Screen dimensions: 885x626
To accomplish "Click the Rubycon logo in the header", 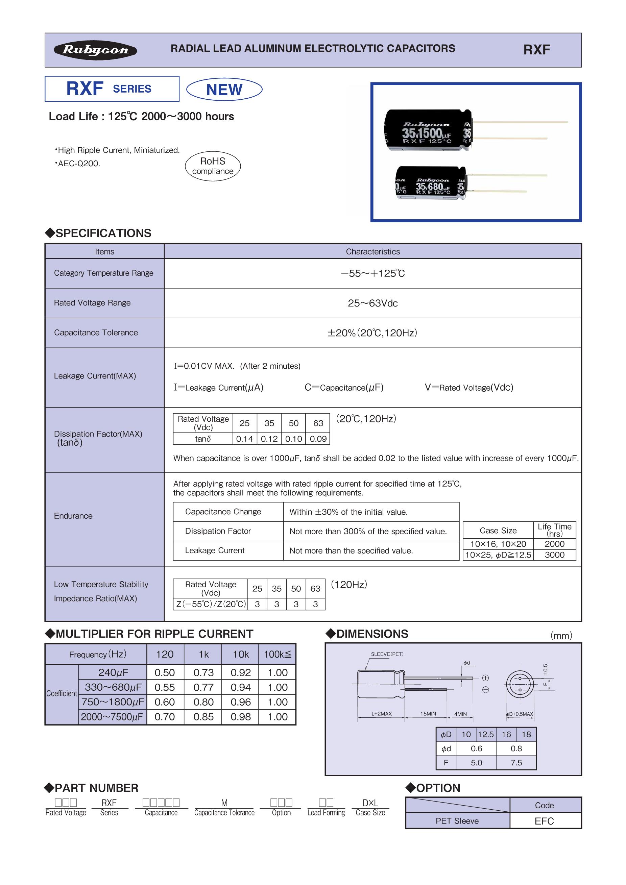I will click(x=95, y=50).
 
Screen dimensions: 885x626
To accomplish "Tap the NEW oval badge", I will click(x=224, y=90).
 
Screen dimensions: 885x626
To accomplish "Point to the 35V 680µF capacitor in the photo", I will click(x=431, y=183).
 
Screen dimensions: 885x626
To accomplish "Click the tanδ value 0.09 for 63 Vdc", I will click(x=318, y=439).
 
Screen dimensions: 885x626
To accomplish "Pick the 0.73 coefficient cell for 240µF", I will click(x=203, y=672).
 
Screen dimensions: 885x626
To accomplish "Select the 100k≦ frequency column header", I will click(x=277, y=655).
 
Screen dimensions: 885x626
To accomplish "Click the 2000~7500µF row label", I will click(x=112, y=717).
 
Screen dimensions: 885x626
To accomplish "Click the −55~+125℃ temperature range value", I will click(x=373, y=273).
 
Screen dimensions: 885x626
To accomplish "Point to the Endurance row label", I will click(x=73, y=516).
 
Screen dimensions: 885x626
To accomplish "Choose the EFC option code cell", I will click(x=544, y=821).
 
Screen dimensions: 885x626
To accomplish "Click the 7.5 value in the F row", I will click(x=516, y=762).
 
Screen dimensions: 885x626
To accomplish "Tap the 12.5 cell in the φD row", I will click(x=486, y=734).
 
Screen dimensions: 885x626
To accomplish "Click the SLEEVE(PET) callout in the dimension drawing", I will click(x=387, y=654).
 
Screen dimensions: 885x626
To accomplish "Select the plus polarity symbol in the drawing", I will click(x=486, y=678).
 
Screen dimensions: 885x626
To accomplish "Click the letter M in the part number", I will click(x=224, y=803).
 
